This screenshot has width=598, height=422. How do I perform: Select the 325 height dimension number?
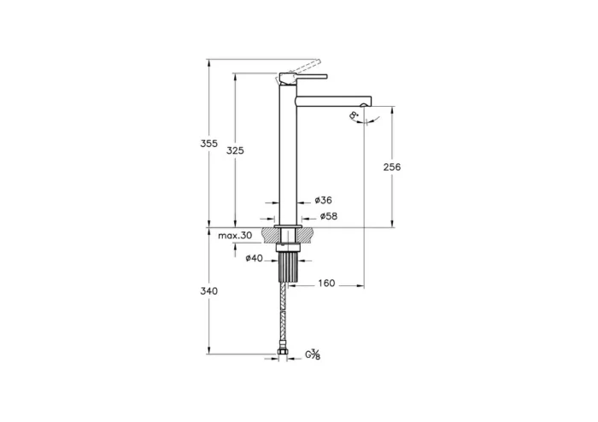[x=236, y=150]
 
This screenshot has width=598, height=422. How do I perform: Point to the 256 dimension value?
[x=392, y=167]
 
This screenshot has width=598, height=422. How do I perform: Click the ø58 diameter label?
[x=329, y=217]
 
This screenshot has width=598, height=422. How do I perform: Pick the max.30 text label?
[x=235, y=235]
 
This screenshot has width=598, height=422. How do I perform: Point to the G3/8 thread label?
[x=314, y=354]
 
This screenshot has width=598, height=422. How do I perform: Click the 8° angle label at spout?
[x=354, y=115]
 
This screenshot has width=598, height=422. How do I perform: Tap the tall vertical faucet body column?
[x=288, y=154]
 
